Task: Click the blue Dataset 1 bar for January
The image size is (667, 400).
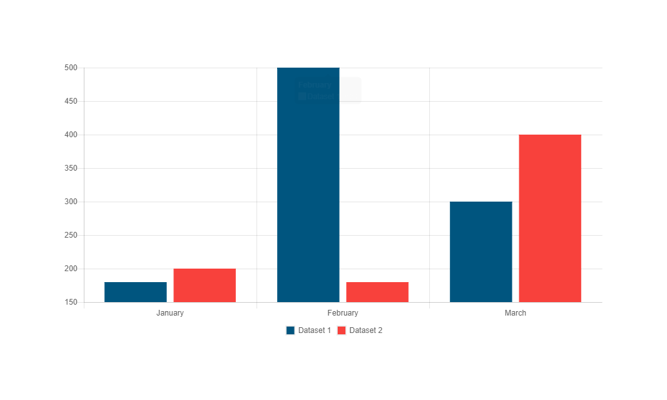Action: click(135, 292)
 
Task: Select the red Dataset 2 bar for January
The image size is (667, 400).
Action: click(204, 285)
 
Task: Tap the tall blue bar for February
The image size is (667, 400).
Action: click(308, 187)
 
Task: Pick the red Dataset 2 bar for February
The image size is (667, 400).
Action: click(377, 292)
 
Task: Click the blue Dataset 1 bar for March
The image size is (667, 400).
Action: click(481, 251)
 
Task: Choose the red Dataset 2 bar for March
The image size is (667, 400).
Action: click(550, 218)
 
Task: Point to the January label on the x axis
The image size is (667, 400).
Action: click(170, 313)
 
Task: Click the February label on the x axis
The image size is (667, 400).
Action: click(343, 313)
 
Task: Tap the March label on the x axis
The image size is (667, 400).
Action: click(516, 313)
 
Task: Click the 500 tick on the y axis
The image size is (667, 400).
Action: click(71, 68)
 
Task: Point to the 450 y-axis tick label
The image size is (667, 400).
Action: click(71, 101)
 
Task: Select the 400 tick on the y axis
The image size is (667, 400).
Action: click(71, 135)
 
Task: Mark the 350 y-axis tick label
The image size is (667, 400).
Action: click(71, 168)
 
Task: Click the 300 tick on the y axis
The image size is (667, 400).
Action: click(71, 202)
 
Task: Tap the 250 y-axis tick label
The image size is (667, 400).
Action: click(71, 235)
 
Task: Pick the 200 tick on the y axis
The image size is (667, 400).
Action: click(71, 269)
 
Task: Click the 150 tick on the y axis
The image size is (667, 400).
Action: click(71, 302)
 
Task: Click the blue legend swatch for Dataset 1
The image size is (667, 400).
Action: click(291, 330)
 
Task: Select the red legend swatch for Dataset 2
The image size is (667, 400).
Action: click(342, 330)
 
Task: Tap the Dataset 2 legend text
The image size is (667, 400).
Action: click(366, 330)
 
